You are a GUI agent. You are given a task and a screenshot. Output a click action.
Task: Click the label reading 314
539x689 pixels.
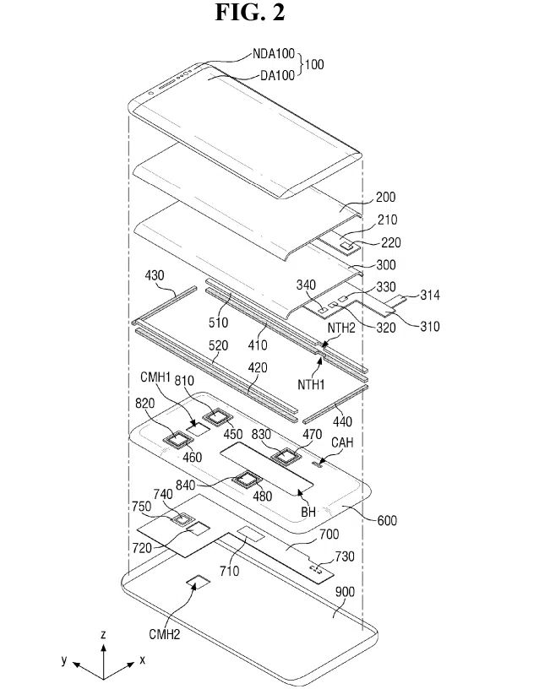point(429,295)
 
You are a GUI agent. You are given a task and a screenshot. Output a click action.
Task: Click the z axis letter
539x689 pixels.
point(102,632)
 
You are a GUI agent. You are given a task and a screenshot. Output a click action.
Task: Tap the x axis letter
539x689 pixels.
point(143,659)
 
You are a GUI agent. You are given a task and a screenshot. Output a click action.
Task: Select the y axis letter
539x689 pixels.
point(63,660)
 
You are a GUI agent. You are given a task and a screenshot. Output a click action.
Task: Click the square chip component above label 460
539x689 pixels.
point(178,437)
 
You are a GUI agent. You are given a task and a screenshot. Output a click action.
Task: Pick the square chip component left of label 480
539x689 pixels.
point(248,480)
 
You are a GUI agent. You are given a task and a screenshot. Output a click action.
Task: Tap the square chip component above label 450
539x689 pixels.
point(221,415)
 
